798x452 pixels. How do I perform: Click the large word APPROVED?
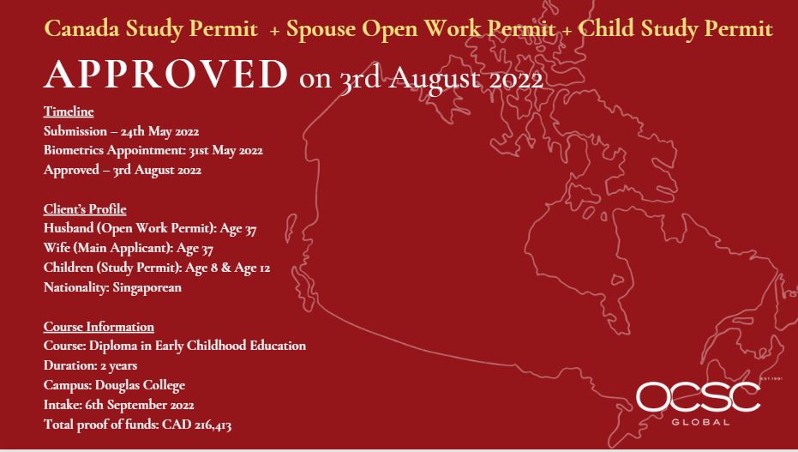click(x=166, y=75)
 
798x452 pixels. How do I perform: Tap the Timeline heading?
click(x=69, y=111)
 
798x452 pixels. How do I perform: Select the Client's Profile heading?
click(x=85, y=209)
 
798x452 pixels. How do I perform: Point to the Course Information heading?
click(x=99, y=327)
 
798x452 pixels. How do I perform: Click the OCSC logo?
click(x=699, y=396)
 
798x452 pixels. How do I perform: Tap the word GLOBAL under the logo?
click(x=701, y=422)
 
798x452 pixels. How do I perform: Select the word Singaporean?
click(x=147, y=287)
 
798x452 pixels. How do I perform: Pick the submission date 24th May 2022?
click(x=159, y=131)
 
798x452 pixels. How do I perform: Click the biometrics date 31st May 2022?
click(x=226, y=151)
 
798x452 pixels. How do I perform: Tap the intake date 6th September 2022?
click(x=140, y=405)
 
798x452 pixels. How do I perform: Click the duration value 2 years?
click(x=118, y=366)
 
